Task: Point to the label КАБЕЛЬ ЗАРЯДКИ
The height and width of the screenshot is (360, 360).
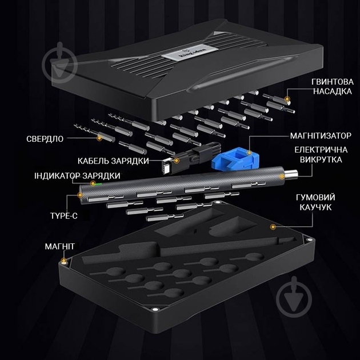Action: pos(114,161)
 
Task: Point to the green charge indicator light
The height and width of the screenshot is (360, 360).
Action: pos(98,184)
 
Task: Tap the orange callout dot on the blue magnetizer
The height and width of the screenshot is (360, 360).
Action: pos(249,153)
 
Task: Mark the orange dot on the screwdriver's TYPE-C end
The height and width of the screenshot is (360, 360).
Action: pos(80,195)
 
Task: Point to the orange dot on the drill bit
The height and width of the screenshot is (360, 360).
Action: pos(99,137)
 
